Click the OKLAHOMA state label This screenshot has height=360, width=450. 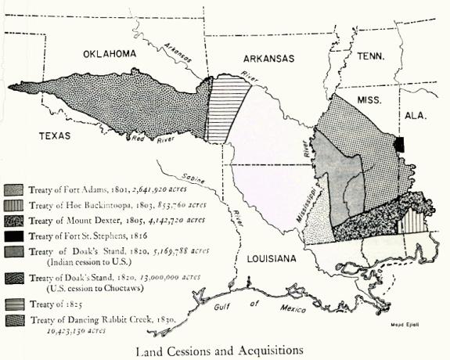click(x=110, y=53)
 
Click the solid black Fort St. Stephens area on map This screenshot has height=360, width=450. click(x=399, y=145)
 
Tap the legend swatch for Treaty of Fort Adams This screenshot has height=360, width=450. click(x=13, y=189)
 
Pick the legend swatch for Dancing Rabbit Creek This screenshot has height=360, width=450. click(x=13, y=319)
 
